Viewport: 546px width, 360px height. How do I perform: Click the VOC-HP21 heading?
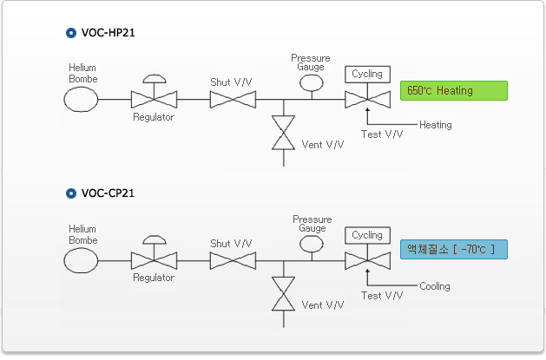click(108, 33)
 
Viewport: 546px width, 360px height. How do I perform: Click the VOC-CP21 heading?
click(108, 193)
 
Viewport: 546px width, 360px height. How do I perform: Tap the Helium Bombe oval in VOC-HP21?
click(82, 100)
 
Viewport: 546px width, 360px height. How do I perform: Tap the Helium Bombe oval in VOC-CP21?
click(82, 260)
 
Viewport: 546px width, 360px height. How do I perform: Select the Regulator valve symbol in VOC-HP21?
click(154, 100)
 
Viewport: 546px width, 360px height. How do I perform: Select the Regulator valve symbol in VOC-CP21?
click(154, 259)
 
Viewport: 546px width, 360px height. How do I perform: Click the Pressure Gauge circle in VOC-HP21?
click(310, 82)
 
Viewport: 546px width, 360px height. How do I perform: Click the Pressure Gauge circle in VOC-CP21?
click(310, 245)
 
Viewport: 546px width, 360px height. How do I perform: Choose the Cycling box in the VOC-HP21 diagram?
click(367, 75)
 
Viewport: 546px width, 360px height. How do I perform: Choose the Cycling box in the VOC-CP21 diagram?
click(367, 235)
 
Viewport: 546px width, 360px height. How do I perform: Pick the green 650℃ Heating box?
click(453, 90)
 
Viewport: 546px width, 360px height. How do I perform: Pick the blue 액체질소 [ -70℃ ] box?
click(453, 250)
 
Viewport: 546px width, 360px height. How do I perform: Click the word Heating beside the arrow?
click(436, 125)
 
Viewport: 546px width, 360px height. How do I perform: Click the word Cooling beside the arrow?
click(435, 286)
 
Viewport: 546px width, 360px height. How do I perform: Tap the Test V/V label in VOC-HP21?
click(382, 134)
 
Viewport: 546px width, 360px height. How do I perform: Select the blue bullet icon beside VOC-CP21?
click(71, 193)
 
